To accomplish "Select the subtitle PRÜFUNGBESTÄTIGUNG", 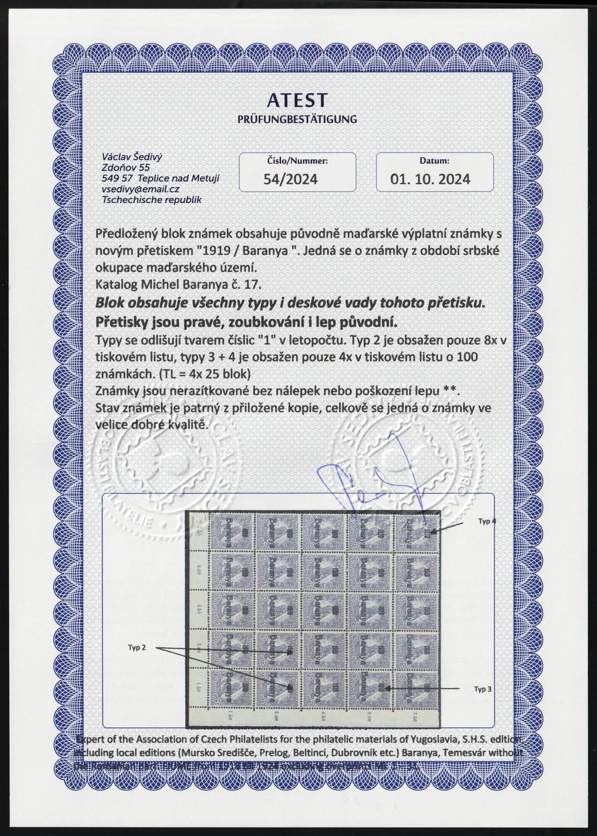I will [x=298, y=119].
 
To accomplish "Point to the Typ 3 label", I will [x=483, y=689].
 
